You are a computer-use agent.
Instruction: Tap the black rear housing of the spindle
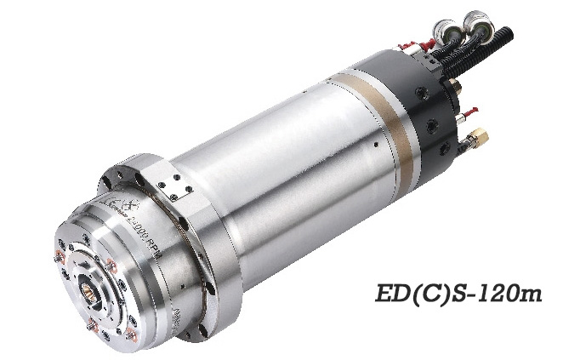425,98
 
